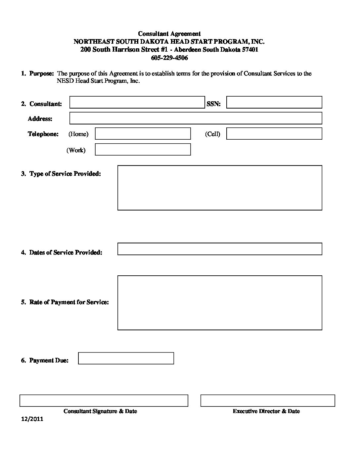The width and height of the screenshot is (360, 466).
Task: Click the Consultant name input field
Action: [x=137, y=102]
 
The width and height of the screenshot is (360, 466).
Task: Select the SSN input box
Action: [x=274, y=102]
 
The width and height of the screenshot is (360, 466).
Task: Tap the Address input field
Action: [x=196, y=118]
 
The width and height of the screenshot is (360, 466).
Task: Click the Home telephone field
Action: [x=143, y=134]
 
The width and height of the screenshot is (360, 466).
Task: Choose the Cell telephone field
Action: [x=274, y=134]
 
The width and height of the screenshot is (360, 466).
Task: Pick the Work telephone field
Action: [x=143, y=150]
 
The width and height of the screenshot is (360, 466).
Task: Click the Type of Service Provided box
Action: [x=220, y=188]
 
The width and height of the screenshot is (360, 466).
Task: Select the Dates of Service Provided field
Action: [x=220, y=249]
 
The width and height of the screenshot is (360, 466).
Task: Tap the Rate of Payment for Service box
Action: [x=220, y=303]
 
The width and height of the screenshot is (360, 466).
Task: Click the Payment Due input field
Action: [x=126, y=358]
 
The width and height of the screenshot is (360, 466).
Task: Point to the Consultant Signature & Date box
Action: [x=104, y=400]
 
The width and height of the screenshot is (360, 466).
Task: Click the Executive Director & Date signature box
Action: [x=268, y=400]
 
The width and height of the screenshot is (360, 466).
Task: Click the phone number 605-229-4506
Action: [x=169, y=58]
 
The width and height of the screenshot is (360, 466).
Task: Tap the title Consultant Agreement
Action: [x=169, y=34]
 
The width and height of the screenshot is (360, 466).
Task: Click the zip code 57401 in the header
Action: [x=250, y=50]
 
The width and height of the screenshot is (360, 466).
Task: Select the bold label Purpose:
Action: [x=41, y=73]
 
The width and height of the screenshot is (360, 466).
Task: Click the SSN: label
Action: [x=213, y=104]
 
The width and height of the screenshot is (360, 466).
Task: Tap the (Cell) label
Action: [x=212, y=134]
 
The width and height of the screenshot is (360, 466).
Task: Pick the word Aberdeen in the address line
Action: [x=188, y=50]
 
